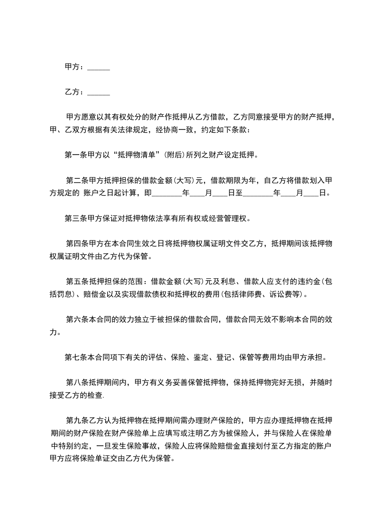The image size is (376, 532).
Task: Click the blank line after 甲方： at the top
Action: (x=99, y=68)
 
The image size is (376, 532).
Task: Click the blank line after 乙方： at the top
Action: (x=99, y=92)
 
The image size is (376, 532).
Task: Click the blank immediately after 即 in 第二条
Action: (x=166, y=193)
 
